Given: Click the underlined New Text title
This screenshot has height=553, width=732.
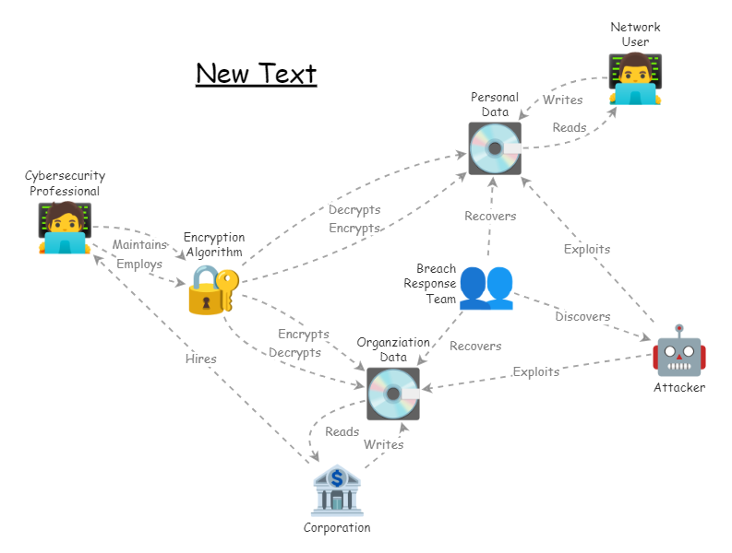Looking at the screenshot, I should (x=256, y=74).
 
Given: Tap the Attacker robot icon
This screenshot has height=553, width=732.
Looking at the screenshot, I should (x=678, y=351).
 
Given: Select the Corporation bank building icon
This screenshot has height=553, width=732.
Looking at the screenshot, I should (x=337, y=490).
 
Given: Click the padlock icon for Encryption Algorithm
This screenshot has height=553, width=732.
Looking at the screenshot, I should (x=211, y=291).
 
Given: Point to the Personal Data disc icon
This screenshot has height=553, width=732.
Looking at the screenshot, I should (x=495, y=148).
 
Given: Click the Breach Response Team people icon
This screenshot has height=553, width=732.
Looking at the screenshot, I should (x=486, y=287).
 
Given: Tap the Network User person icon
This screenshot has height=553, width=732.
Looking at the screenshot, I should (x=635, y=78).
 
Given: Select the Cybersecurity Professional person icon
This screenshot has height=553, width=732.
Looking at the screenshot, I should (x=65, y=227).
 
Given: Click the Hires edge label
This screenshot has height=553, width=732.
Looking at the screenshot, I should (x=200, y=359).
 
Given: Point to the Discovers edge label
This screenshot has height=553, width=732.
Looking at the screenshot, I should (x=582, y=316).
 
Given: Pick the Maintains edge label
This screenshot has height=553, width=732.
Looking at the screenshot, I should (x=139, y=244).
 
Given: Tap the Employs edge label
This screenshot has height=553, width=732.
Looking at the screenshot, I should (x=139, y=264).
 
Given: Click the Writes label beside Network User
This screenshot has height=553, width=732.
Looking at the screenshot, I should (x=562, y=100).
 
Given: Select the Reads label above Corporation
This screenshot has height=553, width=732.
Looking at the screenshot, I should (x=342, y=431).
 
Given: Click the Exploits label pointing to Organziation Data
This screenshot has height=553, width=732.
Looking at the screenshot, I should (x=535, y=371).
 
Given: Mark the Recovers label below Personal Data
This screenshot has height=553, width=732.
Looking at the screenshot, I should (x=490, y=216).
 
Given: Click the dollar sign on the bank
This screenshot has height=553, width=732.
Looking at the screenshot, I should (x=337, y=478).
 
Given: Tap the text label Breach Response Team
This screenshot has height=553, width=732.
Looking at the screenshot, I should (x=430, y=284).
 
